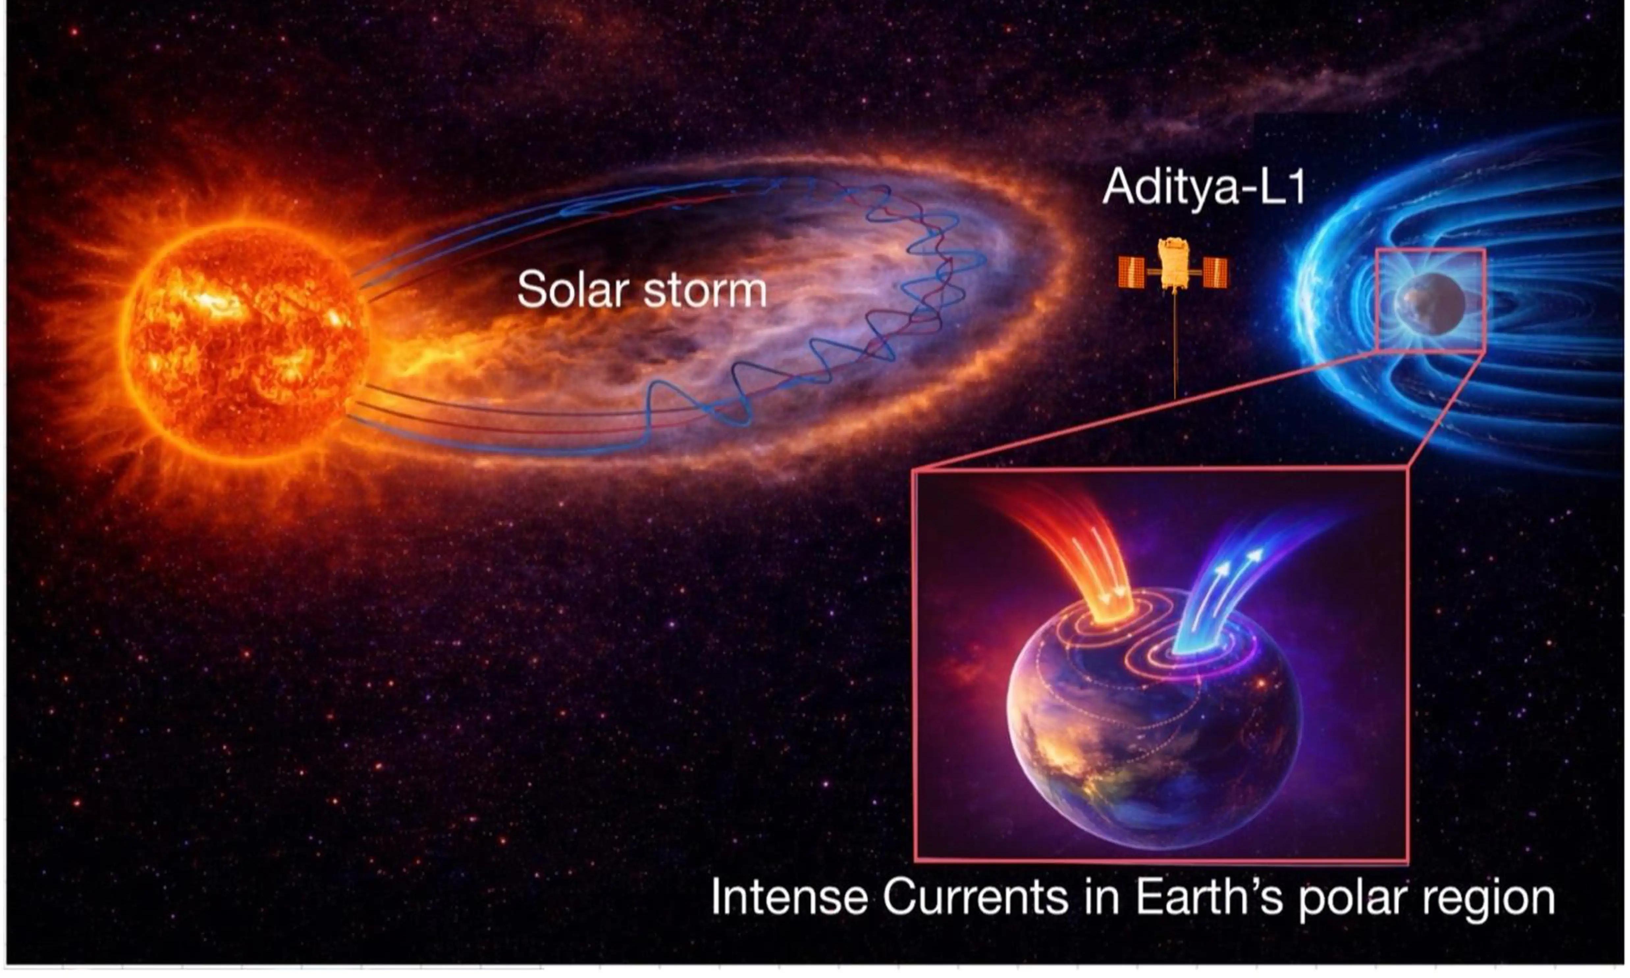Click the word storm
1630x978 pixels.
705,291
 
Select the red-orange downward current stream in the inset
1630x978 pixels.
1081,554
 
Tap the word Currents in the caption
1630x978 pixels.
975,898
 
